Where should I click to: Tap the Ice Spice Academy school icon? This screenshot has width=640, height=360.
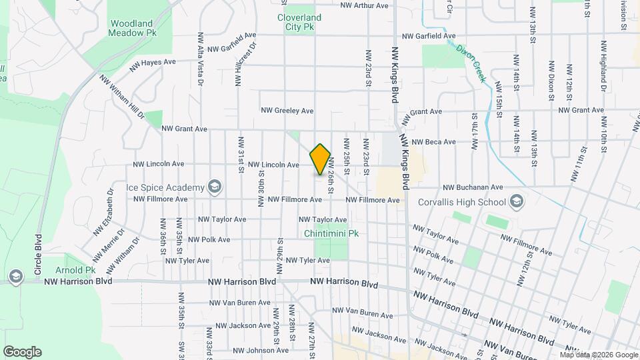point(215,186)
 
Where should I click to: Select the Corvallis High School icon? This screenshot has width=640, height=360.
point(516,201)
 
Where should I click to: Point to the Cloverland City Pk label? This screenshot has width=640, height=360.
point(299,22)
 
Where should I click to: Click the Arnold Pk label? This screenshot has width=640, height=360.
point(81,270)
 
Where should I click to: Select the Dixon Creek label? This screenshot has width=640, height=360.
point(471,63)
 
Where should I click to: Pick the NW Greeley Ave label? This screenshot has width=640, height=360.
point(287,111)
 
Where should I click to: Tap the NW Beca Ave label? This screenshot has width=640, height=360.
point(433,142)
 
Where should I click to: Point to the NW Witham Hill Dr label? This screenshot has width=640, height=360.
point(122,97)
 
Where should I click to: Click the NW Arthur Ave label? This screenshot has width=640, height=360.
point(364,5)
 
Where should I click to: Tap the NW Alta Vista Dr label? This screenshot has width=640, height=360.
point(200,58)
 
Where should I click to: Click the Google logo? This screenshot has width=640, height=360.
point(22,352)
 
